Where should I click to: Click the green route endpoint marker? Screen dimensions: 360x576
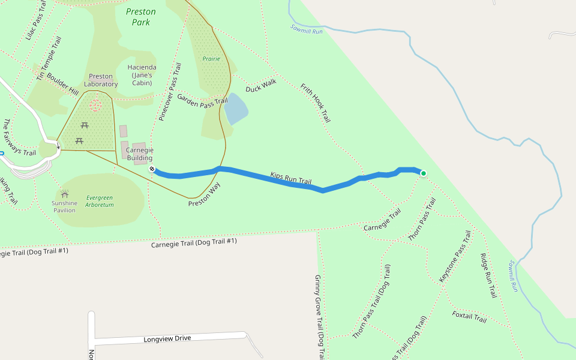pos(423,173)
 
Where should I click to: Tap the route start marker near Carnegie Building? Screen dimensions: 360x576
pos(152,169)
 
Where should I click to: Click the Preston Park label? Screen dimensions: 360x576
pos(141,17)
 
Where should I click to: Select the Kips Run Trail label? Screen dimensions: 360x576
pos(291,178)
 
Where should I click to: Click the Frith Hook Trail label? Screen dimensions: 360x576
pos(316,103)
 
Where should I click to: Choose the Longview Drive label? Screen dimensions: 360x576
pos(167,339)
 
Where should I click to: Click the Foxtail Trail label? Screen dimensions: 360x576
pos(469,317)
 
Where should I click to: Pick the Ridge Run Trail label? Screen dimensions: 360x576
pos(488,275)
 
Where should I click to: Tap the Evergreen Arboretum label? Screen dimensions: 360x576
pos(100,201)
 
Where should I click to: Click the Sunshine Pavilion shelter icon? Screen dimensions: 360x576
pos(64,194)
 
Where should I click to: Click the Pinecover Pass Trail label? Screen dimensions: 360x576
pos(170,92)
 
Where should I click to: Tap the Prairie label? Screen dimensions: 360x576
pos(211,59)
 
